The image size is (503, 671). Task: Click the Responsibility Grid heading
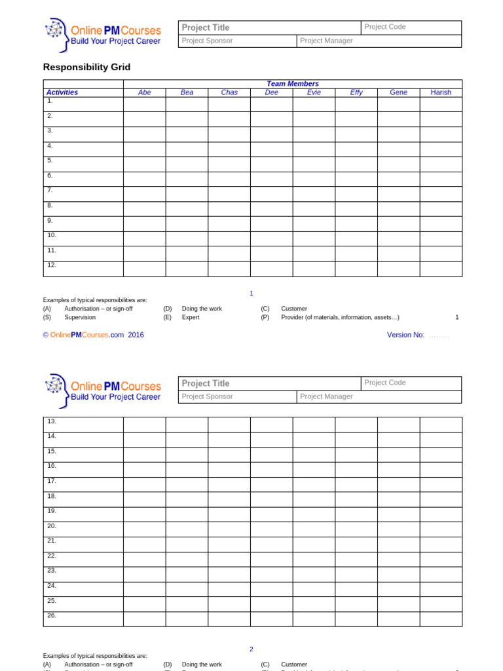click(x=86, y=67)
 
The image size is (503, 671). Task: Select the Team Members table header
click(x=292, y=84)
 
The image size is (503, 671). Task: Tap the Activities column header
click(x=62, y=92)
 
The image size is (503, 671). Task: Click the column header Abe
click(x=145, y=92)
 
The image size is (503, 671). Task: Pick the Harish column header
click(x=441, y=92)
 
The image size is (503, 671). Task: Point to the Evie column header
click(x=314, y=92)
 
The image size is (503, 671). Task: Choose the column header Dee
click(x=271, y=92)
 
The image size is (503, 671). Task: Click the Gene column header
click(x=398, y=92)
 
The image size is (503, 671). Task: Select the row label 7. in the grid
click(x=50, y=190)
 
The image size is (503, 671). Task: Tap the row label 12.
click(x=52, y=265)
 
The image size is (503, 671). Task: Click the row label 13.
click(x=52, y=421)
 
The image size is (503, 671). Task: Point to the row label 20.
click(x=52, y=526)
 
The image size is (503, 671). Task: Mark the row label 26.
click(x=52, y=615)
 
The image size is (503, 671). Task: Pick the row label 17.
click(x=52, y=480)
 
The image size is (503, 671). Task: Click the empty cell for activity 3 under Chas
click(x=229, y=134)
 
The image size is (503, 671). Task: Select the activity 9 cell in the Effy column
click(x=356, y=224)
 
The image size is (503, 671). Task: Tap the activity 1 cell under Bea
click(x=187, y=104)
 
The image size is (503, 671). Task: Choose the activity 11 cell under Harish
click(x=441, y=254)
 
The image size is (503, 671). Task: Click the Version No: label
click(x=405, y=335)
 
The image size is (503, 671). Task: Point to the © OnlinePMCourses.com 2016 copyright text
click(x=93, y=335)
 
